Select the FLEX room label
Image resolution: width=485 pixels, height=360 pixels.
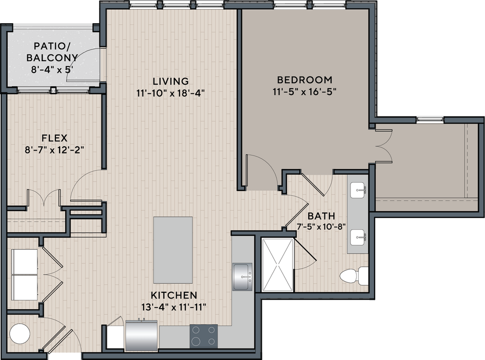coord(54,138)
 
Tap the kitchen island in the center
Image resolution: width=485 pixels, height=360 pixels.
coord(173,250)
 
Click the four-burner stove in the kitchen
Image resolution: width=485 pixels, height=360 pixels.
coord(204,336)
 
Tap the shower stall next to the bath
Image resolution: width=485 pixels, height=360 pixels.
coord(278,265)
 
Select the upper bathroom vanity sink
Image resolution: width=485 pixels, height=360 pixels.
coord(359,191)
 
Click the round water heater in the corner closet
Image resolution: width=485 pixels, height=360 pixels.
coord(20,333)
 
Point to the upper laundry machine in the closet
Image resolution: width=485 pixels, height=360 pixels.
coord(25,261)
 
